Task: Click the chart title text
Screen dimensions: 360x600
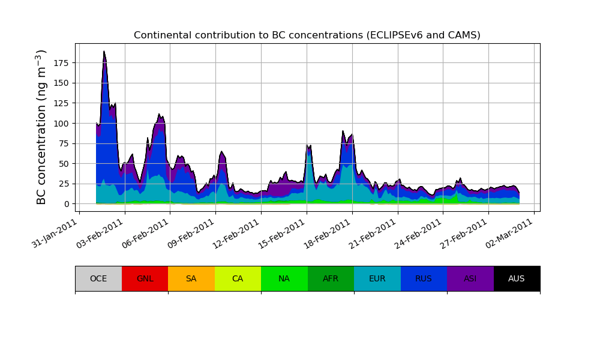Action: tap(307, 35)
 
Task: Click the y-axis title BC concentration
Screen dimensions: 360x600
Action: tap(41, 127)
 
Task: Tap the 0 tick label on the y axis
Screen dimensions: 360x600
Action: tap(67, 204)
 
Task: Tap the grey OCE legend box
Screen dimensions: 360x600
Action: tap(98, 278)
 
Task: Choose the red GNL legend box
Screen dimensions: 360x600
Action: tap(145, 278)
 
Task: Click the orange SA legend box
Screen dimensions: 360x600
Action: tap(191, 278)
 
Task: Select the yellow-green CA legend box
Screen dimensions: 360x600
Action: tap(238, 278)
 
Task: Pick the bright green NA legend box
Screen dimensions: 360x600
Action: tap(284, 278)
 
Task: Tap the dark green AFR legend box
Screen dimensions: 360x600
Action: tap(331, 278)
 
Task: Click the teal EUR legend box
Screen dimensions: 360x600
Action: tap(377, 278)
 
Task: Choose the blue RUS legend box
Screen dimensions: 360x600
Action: tap(424, 278)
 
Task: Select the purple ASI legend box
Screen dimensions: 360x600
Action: tap(470, 278)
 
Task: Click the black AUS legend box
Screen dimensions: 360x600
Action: tap(517, 278)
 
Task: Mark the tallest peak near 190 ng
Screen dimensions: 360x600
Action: tap(104, 52)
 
